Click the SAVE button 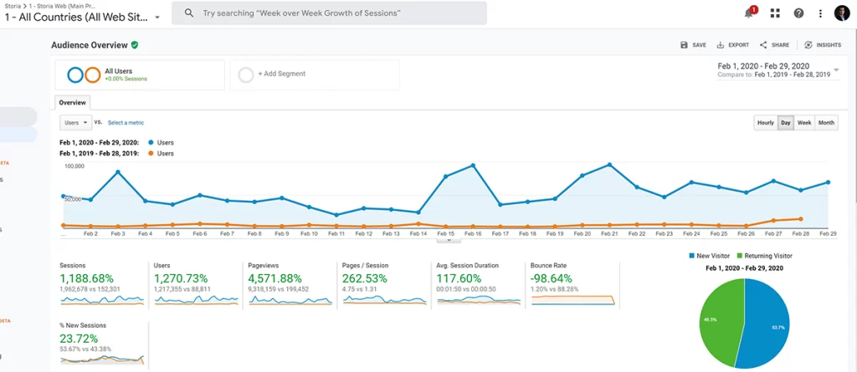693,45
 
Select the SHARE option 774,45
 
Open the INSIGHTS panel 823,45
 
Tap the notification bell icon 749,13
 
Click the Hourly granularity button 765,123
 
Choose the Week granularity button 804,123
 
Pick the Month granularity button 826,123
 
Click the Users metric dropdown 75,122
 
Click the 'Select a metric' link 126,123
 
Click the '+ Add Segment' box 314,74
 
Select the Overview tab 72,103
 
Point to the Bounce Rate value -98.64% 553,278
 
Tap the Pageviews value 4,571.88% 277,278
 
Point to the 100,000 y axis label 74,166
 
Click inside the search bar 329,13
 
